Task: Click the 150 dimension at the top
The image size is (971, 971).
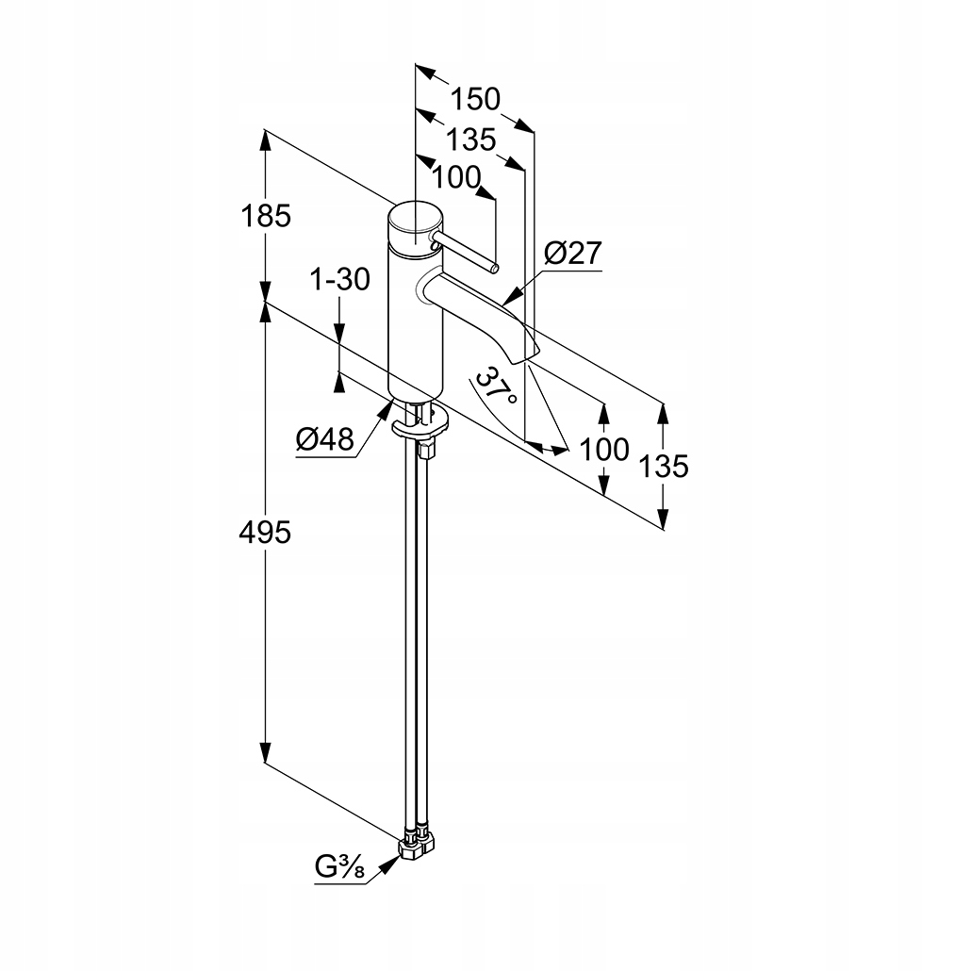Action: click(x=474, y=99)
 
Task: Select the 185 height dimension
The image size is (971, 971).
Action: click(x=266, y=216)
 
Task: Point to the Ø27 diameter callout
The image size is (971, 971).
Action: click(x=572, y=254)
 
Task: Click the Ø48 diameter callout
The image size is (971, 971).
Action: click(x=324, y=438)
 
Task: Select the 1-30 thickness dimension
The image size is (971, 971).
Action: click(x=340, y=279)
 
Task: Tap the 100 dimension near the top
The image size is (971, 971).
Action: click(x=456, y=177)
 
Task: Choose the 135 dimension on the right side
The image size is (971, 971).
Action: click(x=667, y=466)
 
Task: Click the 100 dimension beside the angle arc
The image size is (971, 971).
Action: click(x=604, y=450)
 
